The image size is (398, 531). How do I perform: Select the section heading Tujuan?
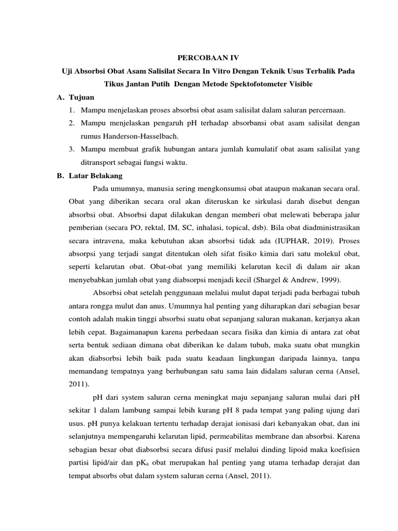[x=80, y=97]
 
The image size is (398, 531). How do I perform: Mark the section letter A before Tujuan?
[x=60, y=97]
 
